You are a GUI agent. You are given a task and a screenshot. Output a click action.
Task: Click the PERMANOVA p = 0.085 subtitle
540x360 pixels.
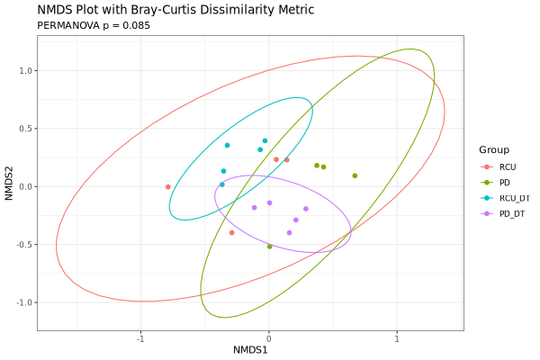(94, 25)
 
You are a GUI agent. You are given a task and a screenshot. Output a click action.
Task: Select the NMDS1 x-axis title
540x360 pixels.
(250, 348)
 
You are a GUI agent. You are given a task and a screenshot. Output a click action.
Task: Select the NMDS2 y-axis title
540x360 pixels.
(9, 185)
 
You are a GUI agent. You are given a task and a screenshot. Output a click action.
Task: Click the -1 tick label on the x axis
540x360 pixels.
(139, 338)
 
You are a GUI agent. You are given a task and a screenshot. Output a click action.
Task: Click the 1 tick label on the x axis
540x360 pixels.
(397, 338)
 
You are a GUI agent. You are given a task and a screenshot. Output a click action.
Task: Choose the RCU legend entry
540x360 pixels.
(508, 166)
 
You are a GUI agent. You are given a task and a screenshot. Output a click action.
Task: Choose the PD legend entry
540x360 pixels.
(504, 183)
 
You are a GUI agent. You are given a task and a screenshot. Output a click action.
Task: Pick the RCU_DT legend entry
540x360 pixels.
(514, 198)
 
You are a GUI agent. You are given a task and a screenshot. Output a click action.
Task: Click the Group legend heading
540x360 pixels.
(494, 149)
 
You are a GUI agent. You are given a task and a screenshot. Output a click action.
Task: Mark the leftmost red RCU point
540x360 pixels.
(168, 187)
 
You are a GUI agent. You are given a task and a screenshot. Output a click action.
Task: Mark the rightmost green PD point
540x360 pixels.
(355, 175)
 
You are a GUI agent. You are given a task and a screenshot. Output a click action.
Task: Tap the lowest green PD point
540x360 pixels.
(270, 247)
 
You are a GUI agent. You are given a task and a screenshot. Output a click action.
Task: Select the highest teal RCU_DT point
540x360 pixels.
(265, 141)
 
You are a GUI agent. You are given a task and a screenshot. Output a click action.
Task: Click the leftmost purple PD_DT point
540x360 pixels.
(254, 208)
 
